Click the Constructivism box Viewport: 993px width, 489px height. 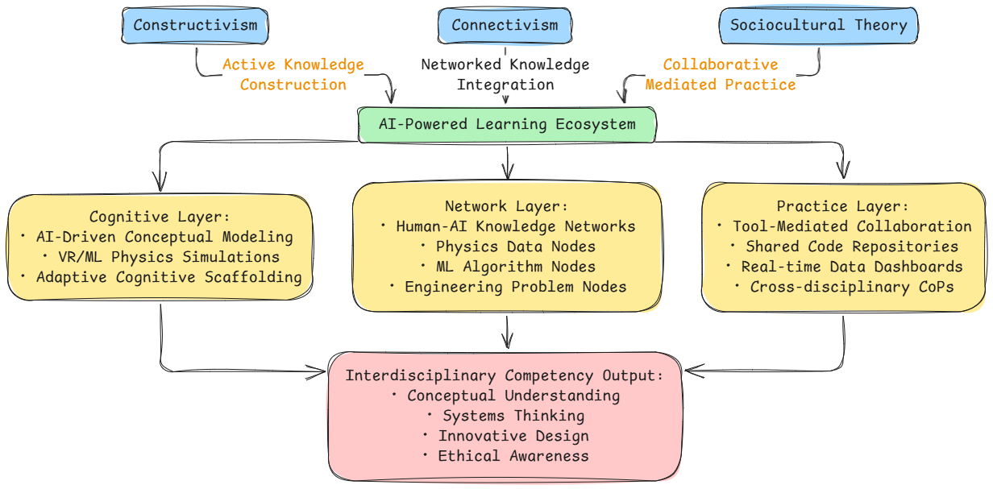tap(195, 25)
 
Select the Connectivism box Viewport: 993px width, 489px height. tap(505, 25)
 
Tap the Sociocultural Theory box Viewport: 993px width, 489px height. tap(818, 25)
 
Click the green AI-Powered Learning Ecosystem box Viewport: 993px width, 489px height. tap(506, 125)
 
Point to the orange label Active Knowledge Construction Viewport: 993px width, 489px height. tap(293, 74)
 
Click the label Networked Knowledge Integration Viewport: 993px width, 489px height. tap(505, 74)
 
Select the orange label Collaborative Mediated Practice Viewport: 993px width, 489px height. tap(721, 74)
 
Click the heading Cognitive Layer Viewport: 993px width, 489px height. tap(160, 217)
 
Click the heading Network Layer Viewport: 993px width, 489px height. tap(507, 206)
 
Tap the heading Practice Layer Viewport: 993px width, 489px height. tap(842, 206)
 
